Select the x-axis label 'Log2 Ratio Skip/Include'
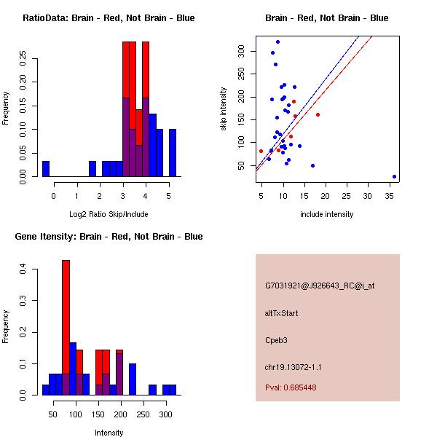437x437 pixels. (x=109, y=214)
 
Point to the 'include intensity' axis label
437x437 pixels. (x=327, y=214)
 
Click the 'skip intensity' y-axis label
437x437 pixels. (x=224, y=109)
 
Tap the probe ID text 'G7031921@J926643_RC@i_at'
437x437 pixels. (x=320, y=286)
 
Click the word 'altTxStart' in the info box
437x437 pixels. (x=282, y=313)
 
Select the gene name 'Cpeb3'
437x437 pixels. (x=277, y=339)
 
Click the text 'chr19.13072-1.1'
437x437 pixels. (x=293, y=366)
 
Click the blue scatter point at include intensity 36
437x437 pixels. (x=394, y=176)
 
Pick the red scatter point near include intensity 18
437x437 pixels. (x=318, y=114)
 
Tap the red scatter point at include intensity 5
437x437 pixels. (x=261, y=151)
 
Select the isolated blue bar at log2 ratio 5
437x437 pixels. (x=172, y=152)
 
